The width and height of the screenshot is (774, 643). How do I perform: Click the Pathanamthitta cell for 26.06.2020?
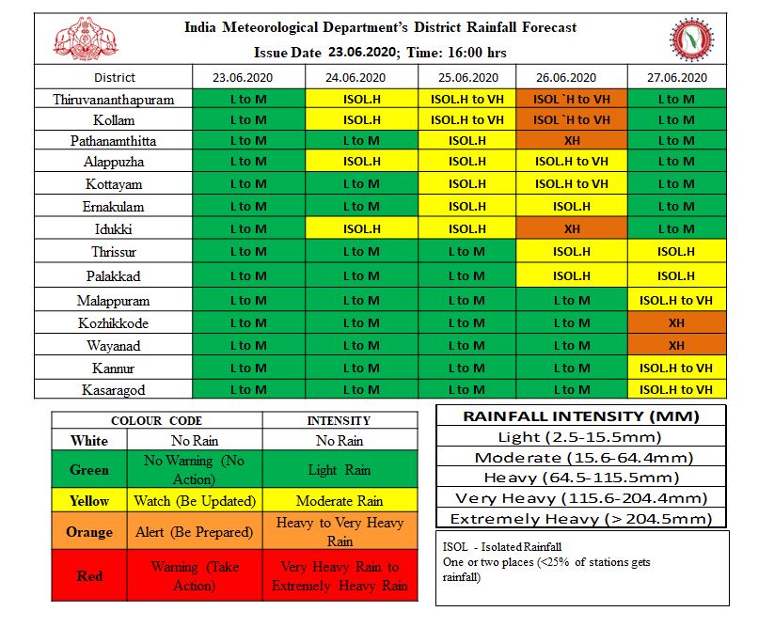[x=572, y=141]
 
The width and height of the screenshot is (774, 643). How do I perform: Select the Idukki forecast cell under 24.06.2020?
[x=362, y=228]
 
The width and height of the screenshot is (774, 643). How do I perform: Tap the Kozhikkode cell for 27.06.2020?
[x=675, y=322]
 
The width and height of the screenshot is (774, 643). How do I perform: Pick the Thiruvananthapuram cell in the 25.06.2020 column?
[x=466, y=99]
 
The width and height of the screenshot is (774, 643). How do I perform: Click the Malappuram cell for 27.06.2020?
[x=675, y=301]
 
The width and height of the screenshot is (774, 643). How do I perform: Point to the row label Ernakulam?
[x=114, y=207]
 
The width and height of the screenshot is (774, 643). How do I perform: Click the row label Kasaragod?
[x=114, y=389]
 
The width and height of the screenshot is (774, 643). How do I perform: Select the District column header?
[x=114, y=77]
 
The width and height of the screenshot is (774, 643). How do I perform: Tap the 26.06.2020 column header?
[x=572, y=77]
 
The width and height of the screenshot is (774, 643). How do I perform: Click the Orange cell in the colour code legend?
[x=89, y=532]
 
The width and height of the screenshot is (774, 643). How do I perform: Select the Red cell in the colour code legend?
[x=89, y=576]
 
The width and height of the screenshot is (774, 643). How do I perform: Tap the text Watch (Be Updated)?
[x=195, y=501]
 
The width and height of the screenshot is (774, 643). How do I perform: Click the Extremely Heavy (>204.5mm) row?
[x=581, y=519]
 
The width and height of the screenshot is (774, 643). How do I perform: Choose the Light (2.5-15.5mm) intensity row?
[x=581, y=437]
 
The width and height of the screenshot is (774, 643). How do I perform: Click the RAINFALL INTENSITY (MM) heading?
[x=581, y=416]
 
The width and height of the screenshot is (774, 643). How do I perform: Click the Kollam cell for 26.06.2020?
[x=572, y=120]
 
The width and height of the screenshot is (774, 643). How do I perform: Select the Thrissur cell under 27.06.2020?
[x=675, y=251]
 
